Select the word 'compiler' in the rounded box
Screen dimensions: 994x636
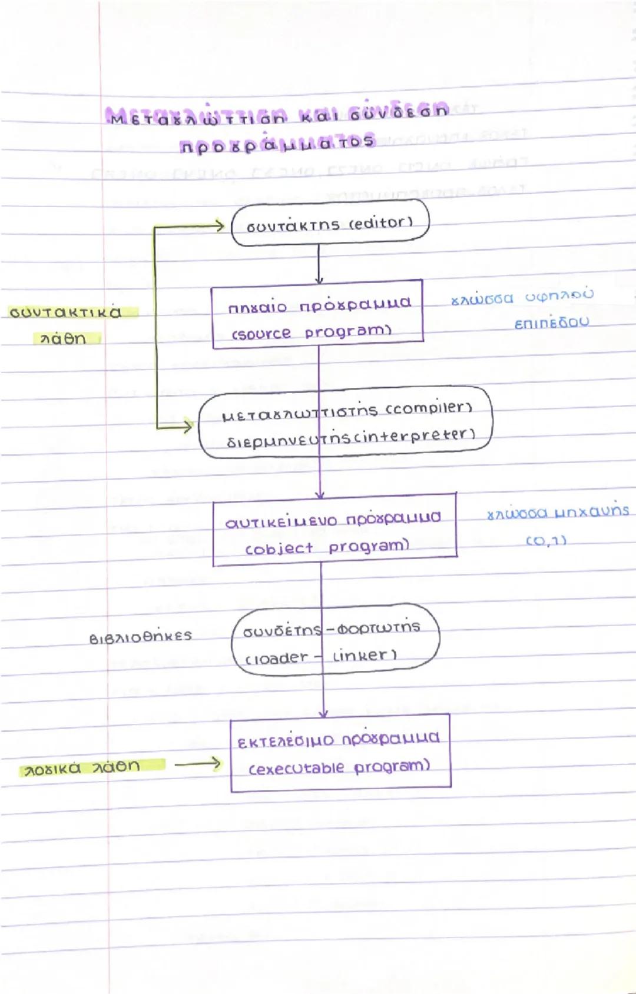pos(429,407)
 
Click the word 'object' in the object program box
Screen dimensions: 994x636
pos(280,548)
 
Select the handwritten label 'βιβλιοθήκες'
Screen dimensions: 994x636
pos(141,637)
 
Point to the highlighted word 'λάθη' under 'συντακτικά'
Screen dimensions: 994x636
pos(63,339)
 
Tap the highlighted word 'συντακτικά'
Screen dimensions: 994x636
pos(66,312)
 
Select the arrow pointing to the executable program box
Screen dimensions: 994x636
pos(198,764)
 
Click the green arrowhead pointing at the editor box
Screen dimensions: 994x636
pos(218,225)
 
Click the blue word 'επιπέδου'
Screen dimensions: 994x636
pos(551,323)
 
